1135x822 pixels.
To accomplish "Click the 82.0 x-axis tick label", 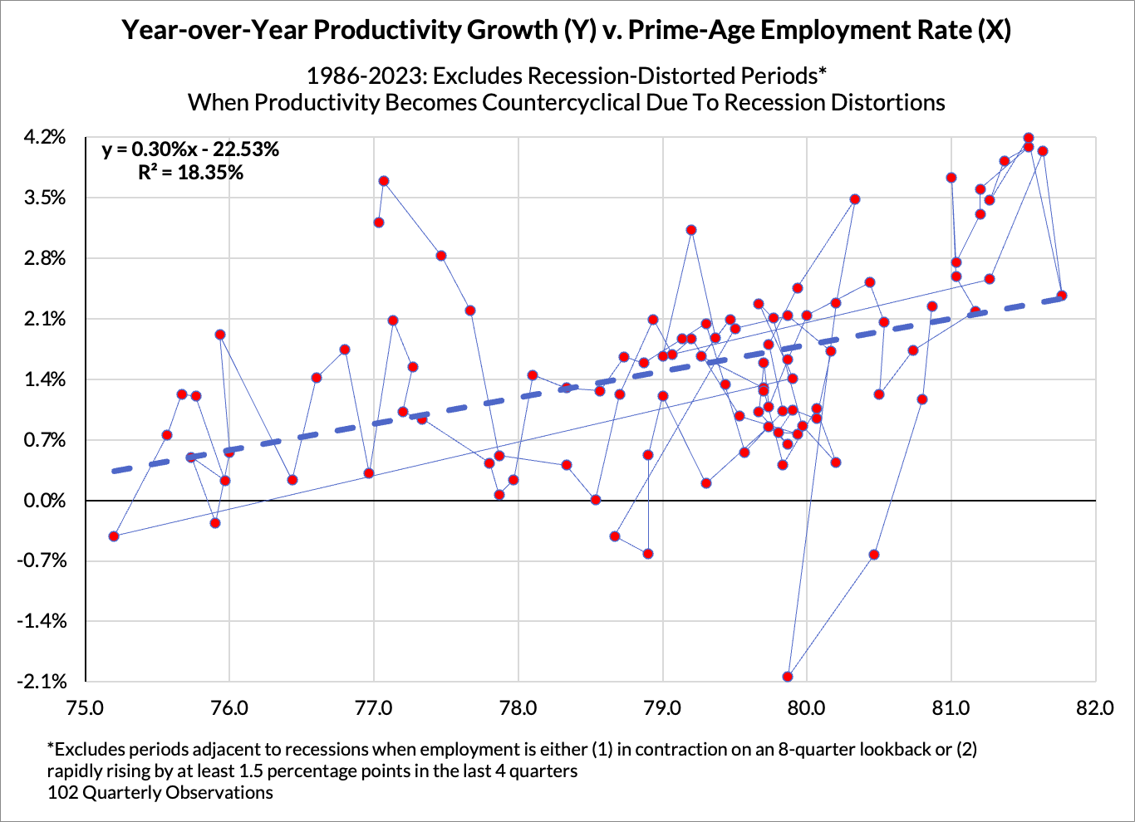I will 1094,707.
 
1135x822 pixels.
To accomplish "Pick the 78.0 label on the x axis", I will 518,707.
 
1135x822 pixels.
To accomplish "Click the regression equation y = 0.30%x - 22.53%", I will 190,149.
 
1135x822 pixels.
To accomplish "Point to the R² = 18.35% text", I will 190,173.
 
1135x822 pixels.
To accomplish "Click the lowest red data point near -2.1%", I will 788,677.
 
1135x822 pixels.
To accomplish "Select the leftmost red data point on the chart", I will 114,536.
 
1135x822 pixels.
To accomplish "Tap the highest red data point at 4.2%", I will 1029,138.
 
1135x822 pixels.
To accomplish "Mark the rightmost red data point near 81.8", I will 1062,296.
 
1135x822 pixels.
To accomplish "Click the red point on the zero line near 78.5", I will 596,500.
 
